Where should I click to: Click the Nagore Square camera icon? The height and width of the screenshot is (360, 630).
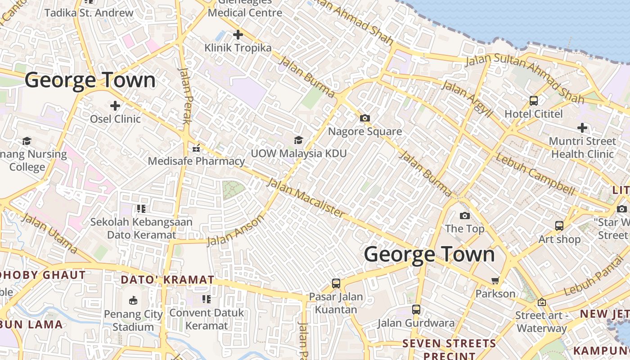365,118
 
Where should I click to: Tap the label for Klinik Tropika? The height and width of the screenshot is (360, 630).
238,48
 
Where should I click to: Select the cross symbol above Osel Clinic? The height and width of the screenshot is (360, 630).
115,106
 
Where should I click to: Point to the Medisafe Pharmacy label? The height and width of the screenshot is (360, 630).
196,161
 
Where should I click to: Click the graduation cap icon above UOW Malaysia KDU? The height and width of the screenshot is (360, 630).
298,140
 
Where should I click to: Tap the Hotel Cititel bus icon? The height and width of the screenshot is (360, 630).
534,101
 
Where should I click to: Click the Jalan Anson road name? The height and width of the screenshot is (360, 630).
235,231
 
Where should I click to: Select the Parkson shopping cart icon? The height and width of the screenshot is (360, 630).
495,281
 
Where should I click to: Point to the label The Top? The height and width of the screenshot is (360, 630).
464,229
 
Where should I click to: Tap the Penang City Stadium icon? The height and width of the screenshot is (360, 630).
133,300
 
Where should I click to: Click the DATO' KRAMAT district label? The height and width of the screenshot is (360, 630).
167,279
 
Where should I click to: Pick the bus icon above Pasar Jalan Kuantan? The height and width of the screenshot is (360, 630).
336,283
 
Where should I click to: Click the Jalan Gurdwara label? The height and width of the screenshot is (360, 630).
416,323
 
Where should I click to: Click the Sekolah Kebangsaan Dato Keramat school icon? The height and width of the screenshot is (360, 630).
141,209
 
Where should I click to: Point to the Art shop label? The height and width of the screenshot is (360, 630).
559,239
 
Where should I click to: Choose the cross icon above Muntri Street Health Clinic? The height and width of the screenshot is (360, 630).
582,128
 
